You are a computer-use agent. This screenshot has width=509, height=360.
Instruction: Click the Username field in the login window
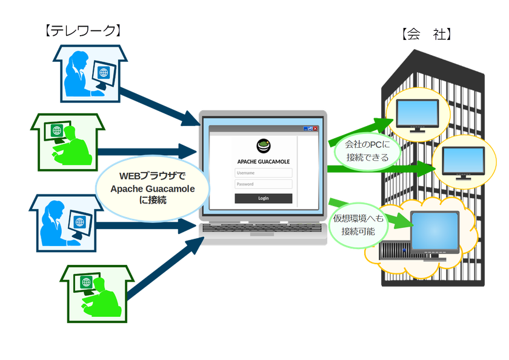(263, 173)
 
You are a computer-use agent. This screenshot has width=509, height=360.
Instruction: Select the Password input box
(263, 184)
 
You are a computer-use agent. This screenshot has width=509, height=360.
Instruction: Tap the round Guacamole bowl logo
(264, 146)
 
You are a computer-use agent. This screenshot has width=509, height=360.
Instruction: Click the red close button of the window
(316, 128)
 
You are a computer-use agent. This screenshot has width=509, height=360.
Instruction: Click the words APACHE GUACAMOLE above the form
(263, 161)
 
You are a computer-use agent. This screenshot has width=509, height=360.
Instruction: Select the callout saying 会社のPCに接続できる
(365, 152)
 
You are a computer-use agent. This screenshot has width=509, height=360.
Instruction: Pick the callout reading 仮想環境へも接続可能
(358, 225)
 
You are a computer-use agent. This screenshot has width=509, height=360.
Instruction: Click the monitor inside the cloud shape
(434, 233)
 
